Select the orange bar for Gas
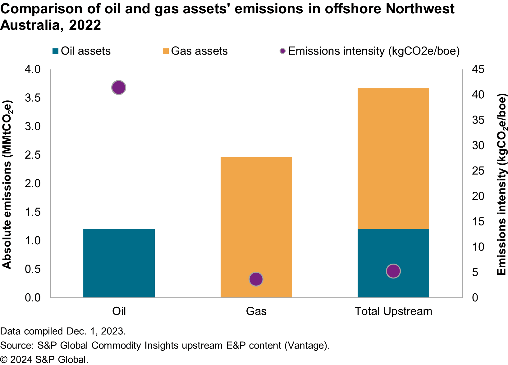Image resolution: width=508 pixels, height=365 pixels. point(256,217)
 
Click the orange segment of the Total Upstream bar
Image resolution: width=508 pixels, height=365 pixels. point(393,158)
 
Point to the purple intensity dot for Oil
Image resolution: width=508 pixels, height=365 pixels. point(119,88)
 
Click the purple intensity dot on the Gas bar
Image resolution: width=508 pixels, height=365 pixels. point(256,279)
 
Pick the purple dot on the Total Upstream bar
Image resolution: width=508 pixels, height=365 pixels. point(393,271)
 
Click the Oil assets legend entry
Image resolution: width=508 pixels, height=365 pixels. point(82,51)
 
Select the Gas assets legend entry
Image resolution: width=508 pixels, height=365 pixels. point(195,51)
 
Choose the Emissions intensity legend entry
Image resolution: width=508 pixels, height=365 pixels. point(370,51)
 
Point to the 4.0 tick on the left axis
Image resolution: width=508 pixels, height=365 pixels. point(33,69)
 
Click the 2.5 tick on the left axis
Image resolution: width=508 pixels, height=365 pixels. point(33,155)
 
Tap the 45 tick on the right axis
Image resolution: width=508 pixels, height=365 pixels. point(478,69)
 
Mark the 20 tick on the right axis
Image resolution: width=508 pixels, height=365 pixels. point(478,196)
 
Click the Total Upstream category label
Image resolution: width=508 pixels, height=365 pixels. point(393,311)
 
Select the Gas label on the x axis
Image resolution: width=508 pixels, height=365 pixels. point(256,311)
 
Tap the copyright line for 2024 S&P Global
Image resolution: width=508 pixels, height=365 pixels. point(44,360)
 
